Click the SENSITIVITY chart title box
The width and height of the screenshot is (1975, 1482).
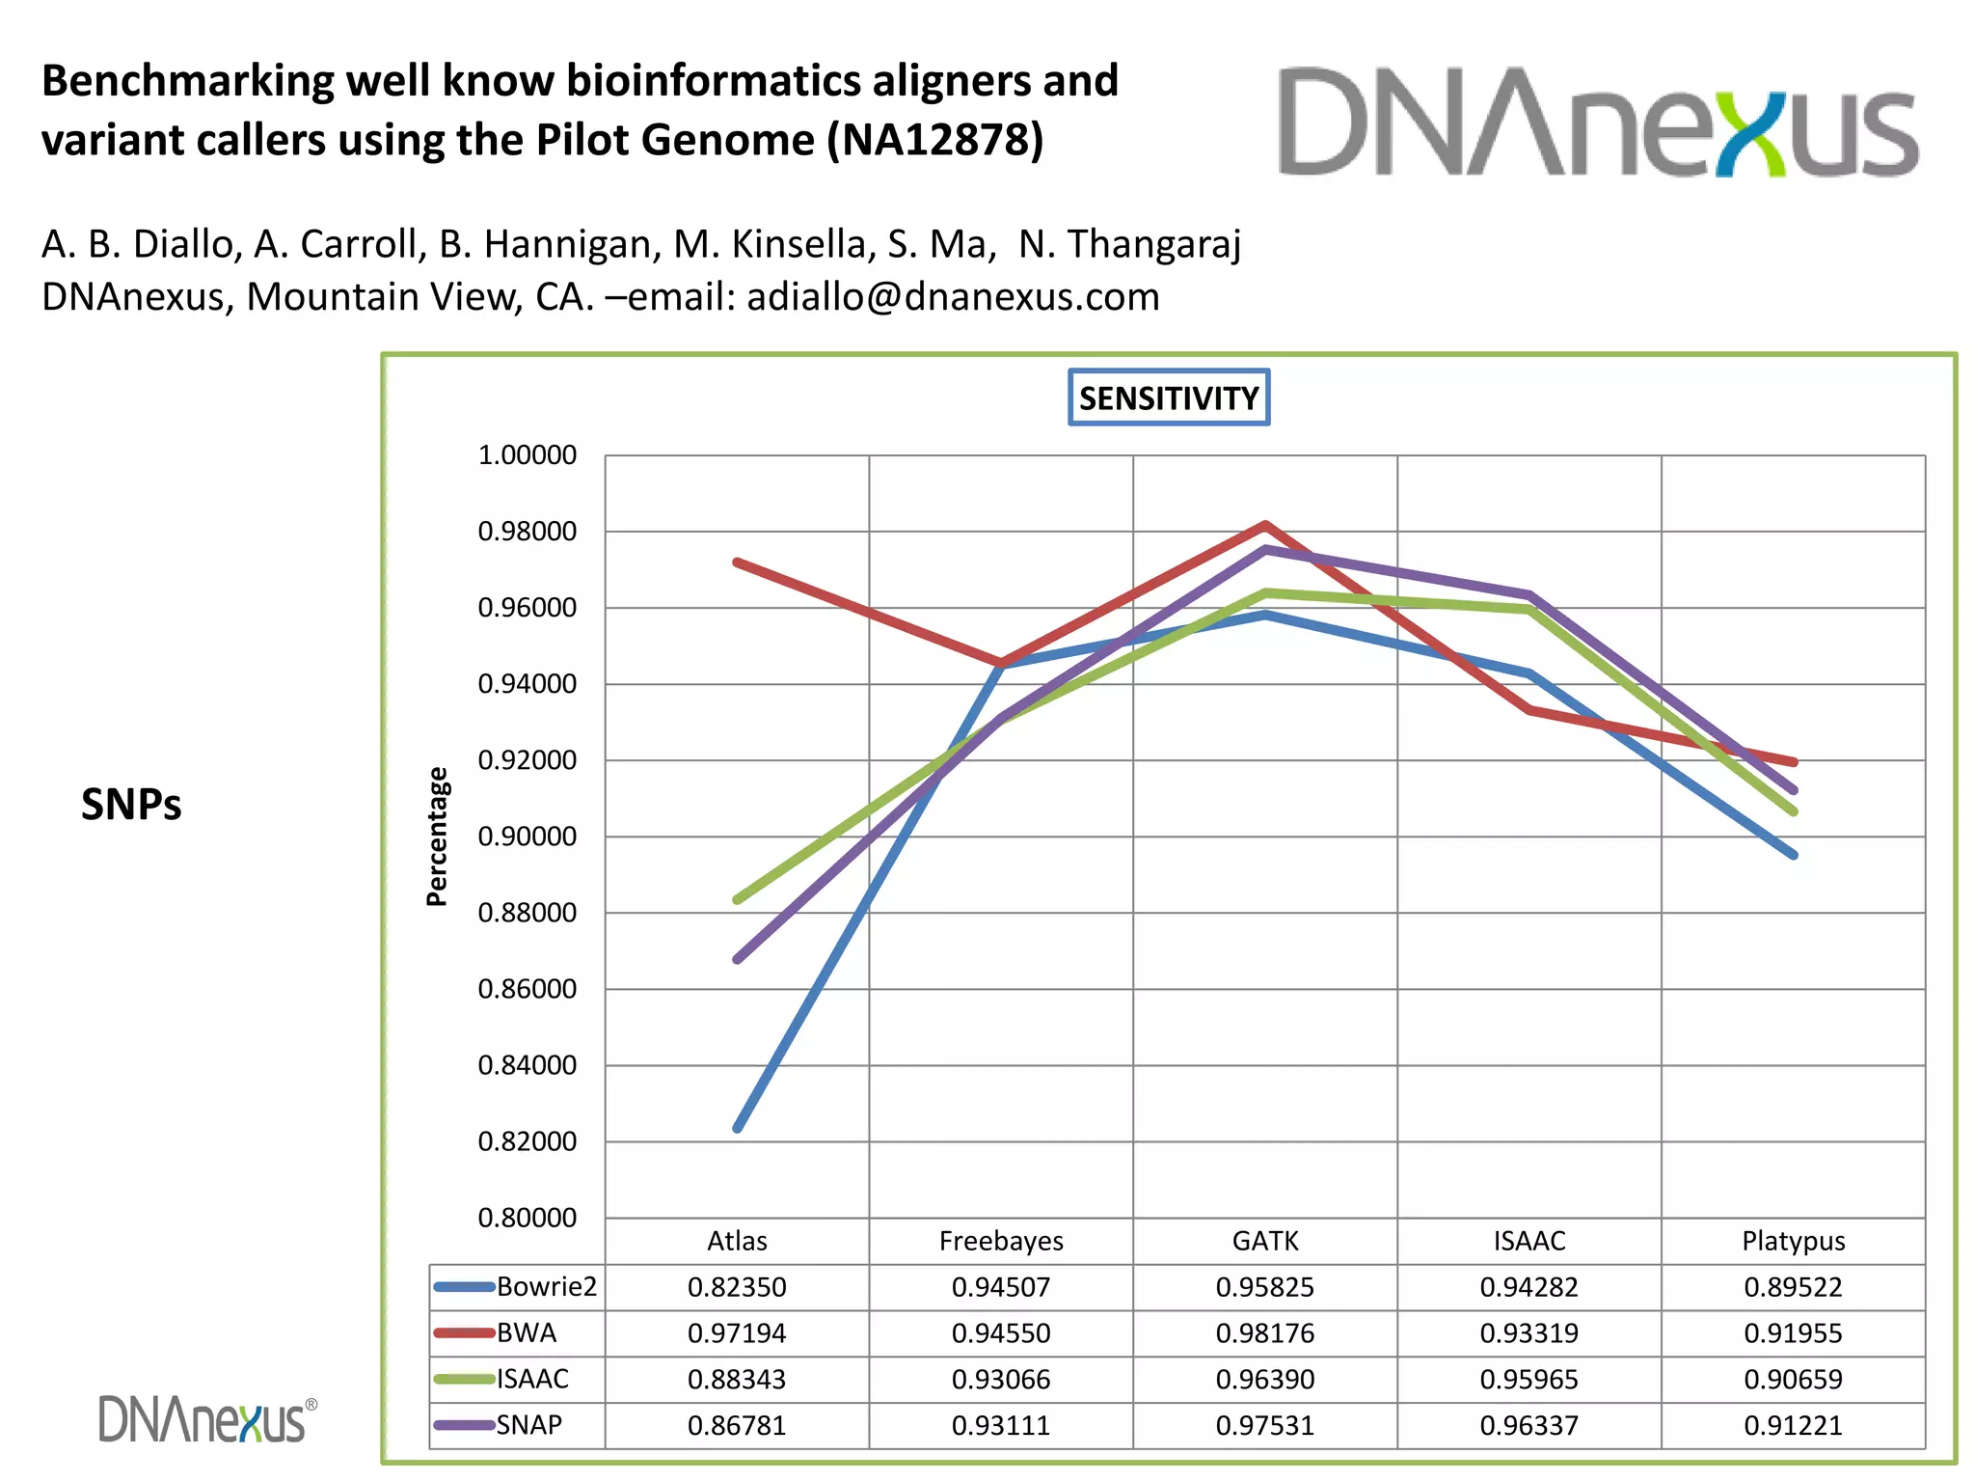[1169, 398]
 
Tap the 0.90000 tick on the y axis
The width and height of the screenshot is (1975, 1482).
[528, 837]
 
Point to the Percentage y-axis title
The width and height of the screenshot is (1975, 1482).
[437, 837]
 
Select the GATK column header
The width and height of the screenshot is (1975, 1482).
[1265, 1241]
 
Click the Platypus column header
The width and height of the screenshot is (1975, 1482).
[1793, 1241]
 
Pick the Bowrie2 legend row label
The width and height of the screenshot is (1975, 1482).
[546, 1287]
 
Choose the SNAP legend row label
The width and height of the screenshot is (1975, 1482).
[528, 1425]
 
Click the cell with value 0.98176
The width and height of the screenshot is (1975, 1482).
[1265, 1333]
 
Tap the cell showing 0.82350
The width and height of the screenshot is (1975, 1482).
[737, 1287]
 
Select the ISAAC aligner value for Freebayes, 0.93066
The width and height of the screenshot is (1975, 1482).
[1001, 1380]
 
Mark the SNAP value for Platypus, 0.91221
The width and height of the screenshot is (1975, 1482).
[1793, 1425]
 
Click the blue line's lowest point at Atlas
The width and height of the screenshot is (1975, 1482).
[738, 1128]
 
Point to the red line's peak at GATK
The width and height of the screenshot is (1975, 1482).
[1265, 526]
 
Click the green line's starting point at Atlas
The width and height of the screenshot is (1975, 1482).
[738, 900]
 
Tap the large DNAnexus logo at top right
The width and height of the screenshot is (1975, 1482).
[1598, 123]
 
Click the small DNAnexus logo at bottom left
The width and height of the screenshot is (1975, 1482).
[206, 1419]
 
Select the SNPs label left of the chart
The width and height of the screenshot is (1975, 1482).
[131, 805]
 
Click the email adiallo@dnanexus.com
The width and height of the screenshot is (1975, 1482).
[953, 297]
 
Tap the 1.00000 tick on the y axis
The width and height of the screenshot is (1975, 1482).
[528, 455]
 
